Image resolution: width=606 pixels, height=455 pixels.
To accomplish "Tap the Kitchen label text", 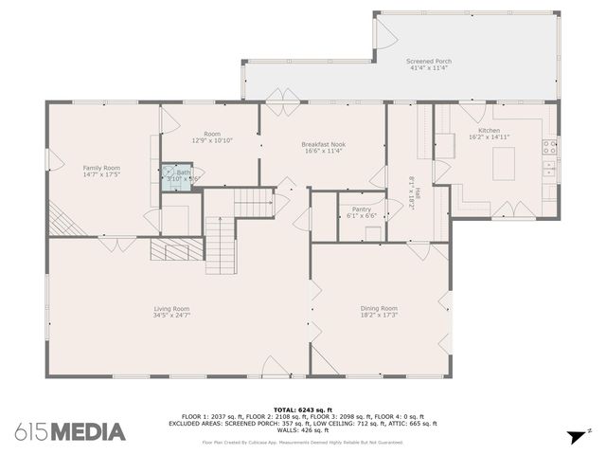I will click(x=489, y=130).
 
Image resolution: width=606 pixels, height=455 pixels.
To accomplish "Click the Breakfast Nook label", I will click(x=323, y=143).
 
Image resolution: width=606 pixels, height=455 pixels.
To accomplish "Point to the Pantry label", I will click(x=361, y=209).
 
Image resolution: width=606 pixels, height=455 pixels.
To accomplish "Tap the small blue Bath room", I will click(x=177, y=175).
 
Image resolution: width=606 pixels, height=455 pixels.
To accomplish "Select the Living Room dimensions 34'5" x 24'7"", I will click(x=172, y=316).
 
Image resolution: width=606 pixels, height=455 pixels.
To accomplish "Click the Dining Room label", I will click(x=378, y=308).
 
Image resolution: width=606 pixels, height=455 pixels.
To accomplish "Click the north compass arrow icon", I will click(x=576, y=436).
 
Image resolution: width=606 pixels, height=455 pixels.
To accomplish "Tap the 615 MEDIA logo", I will click(x=70, y=432).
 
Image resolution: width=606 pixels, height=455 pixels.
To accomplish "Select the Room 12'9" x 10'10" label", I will click(x=212, y=135).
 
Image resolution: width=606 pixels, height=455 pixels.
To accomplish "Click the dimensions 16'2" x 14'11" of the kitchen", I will click(x=489, y=137).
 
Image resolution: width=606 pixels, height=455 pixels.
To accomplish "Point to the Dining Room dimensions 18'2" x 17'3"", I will click(x=378, y=316).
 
